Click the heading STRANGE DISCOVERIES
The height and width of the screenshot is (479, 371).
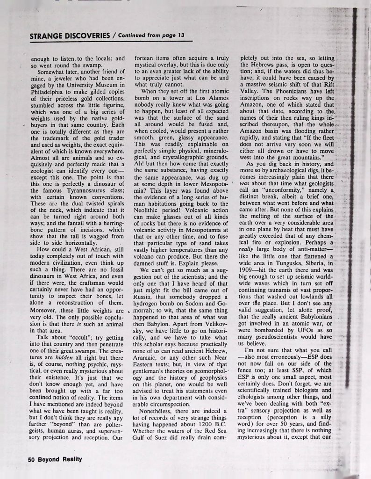click(x=66, y=36)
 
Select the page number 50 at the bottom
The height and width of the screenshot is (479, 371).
click(x=33, y=459)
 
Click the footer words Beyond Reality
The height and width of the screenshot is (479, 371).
click(x=61, y=459)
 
